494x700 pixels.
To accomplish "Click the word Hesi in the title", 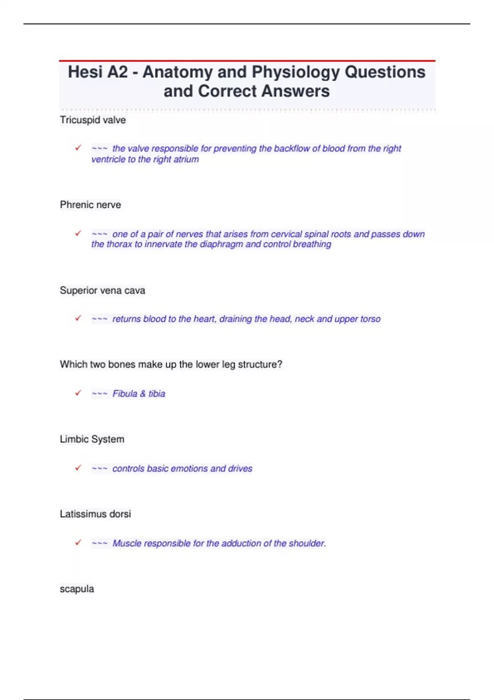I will click(x=85, y=72).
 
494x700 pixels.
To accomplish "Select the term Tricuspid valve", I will click(x=93, y=120).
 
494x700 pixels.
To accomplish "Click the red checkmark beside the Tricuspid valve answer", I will click(x=78, y=147).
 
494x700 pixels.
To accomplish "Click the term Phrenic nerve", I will click(x=91, y=205).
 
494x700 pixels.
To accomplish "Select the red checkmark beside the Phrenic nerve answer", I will click(x=78, y=233).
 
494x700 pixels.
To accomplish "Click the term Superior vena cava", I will click(x=103, y=291).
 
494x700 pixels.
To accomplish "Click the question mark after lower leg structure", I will click(x=280, y=364).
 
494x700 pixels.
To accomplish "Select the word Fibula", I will click(x=125, y=394).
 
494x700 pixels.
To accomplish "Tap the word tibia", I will click(x=157, y=394).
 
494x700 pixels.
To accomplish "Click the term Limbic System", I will click(x=92, y=439).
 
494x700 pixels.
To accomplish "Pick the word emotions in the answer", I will click(x=189, y=469).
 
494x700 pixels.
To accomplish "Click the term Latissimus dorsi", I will click(x=96, y=514).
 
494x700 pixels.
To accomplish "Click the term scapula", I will click(x=77, y=589).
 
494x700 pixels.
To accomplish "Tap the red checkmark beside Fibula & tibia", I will click(x=78, y=393).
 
